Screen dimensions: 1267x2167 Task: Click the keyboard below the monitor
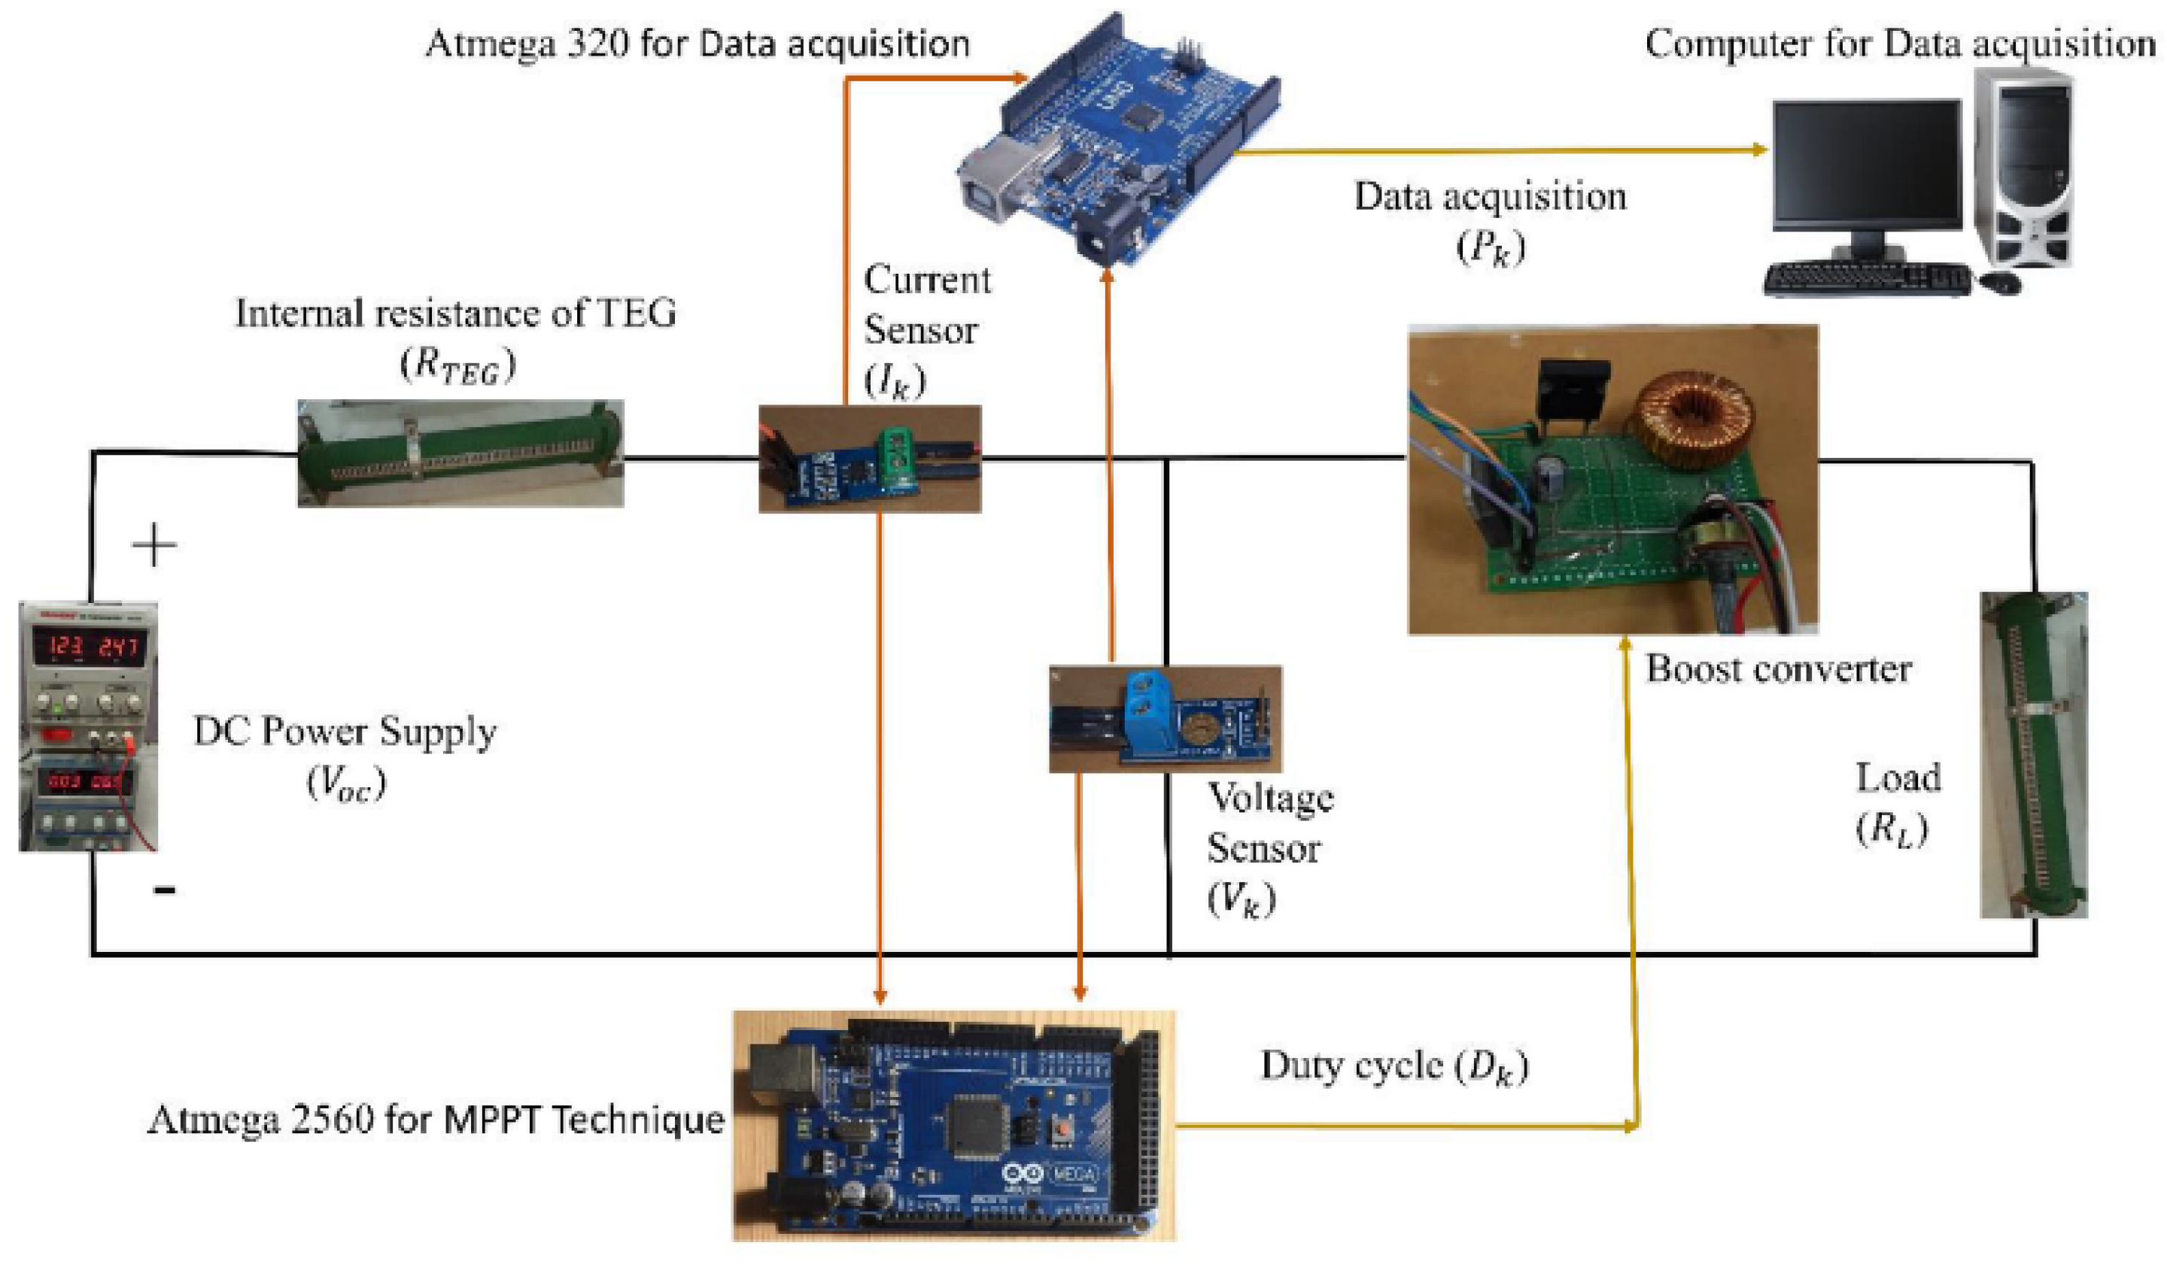pos(1866,280)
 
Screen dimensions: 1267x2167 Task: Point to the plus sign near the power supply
pos(155,545)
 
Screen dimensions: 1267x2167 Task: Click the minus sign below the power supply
pos(164,890)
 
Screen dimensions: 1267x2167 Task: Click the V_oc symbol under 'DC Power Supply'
pos(347,783)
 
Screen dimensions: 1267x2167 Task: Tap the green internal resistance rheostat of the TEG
pos(460,453)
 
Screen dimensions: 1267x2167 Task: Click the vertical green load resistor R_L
pos(2034,756)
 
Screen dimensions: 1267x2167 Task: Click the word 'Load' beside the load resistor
pos(1898,778)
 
